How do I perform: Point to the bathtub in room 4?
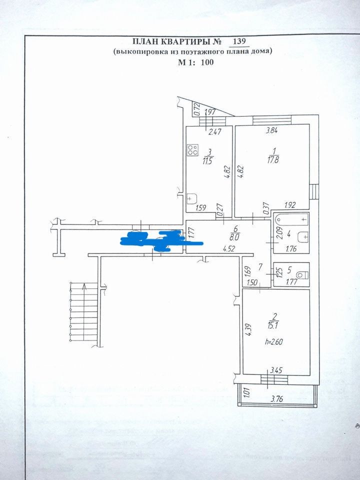[x=291, y=219]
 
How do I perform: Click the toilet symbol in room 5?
[x=301, y=274]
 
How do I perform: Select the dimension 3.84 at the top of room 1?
[x=271, y=131]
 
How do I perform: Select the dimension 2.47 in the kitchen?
[x=214, y=132]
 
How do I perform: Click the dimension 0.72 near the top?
[x=197, y=108]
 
